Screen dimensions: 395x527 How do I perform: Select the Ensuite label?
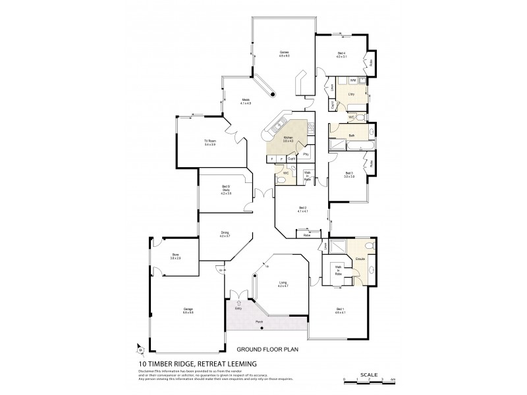tap(360, 259)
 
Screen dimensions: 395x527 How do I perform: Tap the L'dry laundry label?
tap(351, 95)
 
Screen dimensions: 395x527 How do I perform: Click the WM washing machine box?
tap(353, 80)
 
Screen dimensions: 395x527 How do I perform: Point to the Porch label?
tap(258, 323)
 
